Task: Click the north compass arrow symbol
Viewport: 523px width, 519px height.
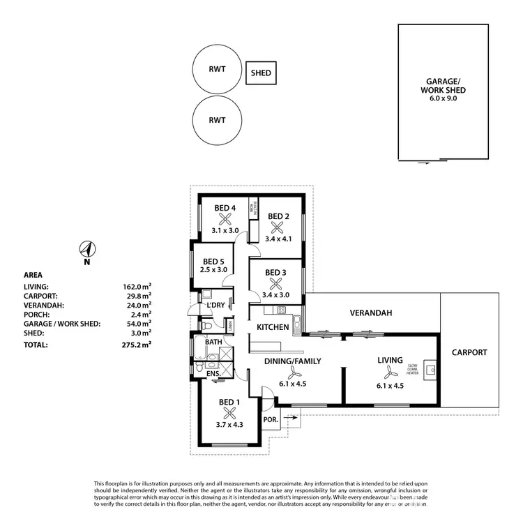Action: pos(87,249)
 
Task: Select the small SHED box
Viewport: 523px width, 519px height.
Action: pos(262,73)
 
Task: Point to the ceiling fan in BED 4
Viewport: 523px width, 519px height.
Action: pos(225,218)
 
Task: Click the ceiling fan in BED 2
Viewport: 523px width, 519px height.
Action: pos(278,227)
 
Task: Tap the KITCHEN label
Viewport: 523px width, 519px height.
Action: pos(273,327)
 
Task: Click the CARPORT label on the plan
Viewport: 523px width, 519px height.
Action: pos(469,352)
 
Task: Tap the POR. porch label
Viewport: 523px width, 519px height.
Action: pos(271,419)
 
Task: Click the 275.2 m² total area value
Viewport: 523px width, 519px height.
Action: pos(137,344)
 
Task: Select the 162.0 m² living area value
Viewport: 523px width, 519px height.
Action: pos(137,287)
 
